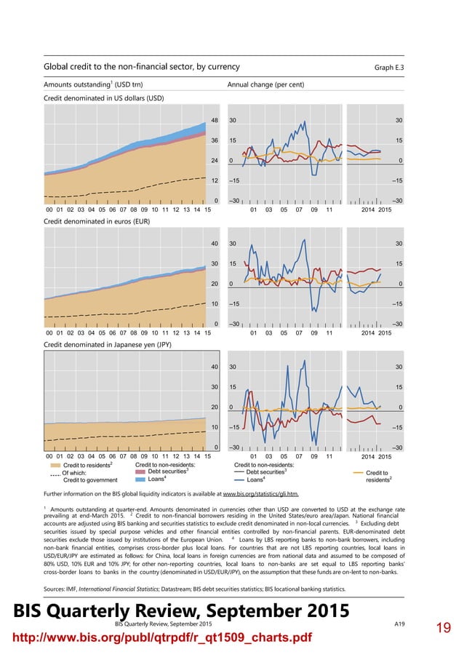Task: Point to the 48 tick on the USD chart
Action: (215, 120)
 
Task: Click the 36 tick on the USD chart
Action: (215, 140)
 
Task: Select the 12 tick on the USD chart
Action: (215, 180)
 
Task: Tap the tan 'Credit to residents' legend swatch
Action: (55, 464)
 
